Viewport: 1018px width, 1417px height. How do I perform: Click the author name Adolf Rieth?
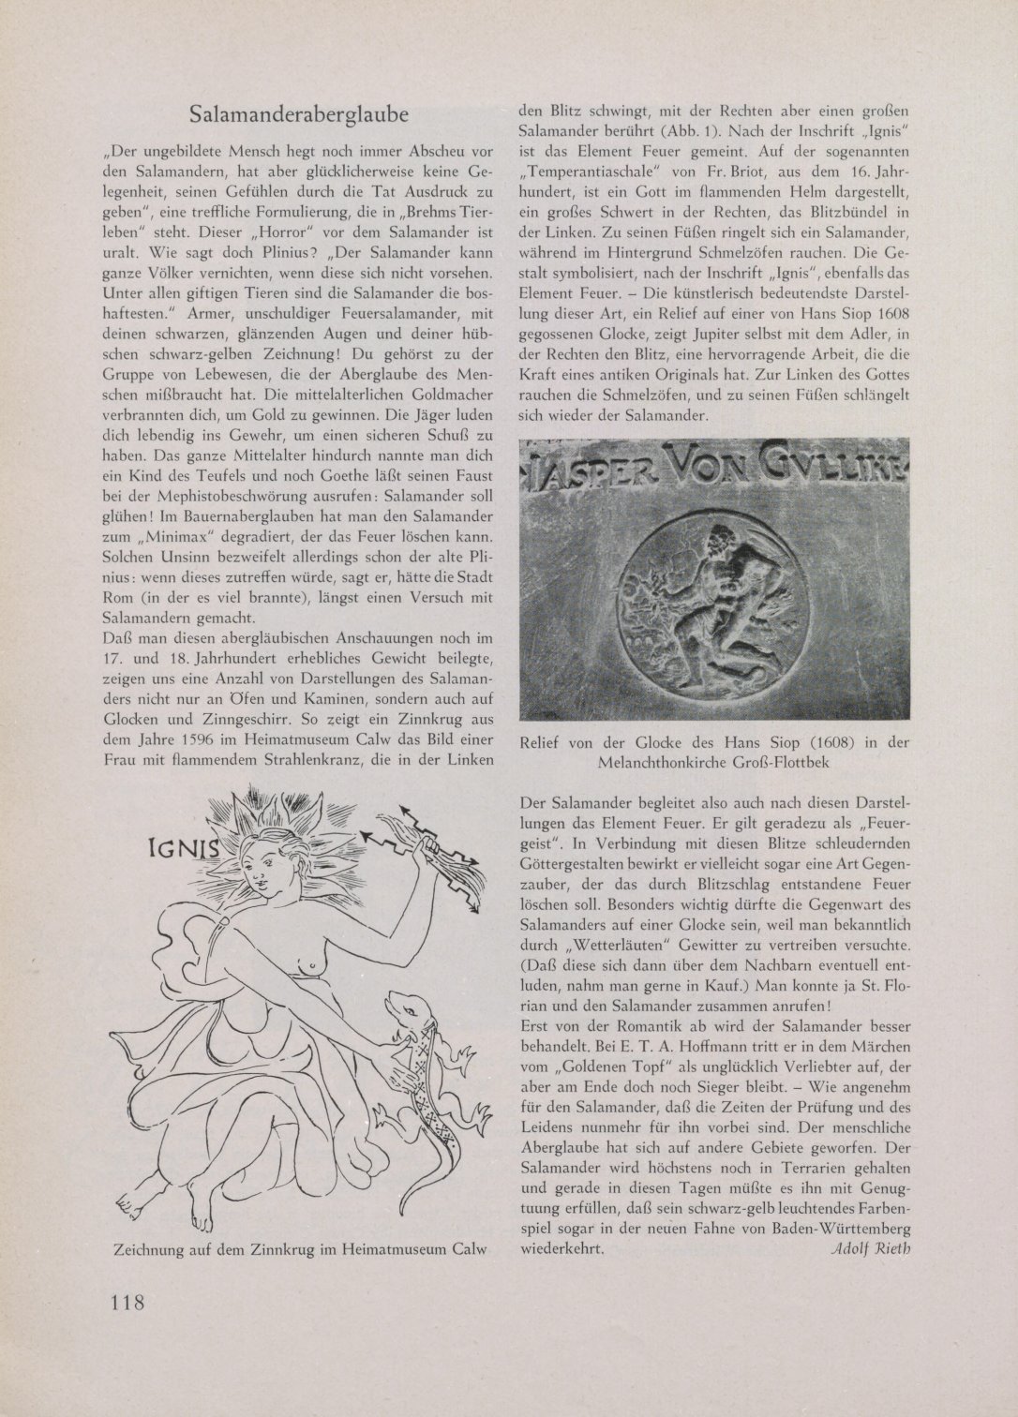(x=871, y=1250)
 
